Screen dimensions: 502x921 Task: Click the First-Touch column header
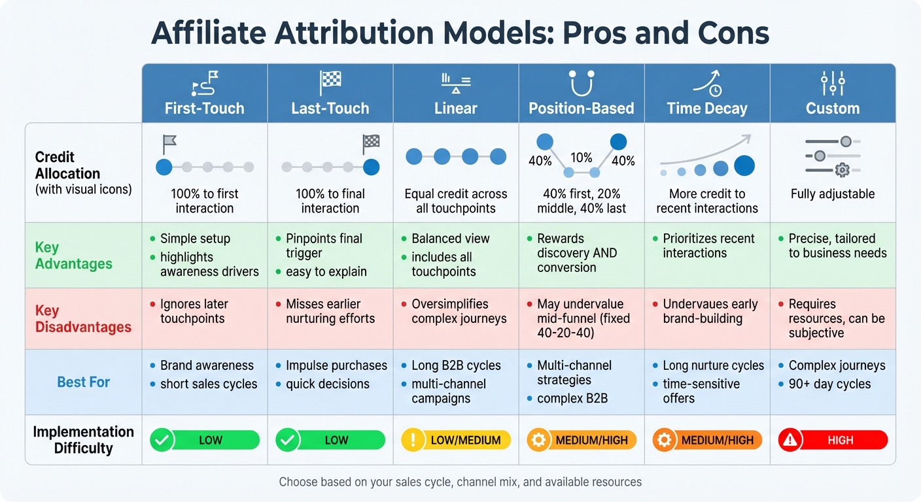click(204, 108)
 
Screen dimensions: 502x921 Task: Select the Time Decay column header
click(707, 108)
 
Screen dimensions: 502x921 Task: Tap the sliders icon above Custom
click(833, 84)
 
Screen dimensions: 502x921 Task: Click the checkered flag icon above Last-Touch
click(330, 84)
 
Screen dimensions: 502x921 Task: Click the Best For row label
click(83, 382)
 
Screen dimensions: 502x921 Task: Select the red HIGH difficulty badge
click(833, 440)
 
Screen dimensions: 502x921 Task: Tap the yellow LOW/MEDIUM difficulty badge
click(455, 440)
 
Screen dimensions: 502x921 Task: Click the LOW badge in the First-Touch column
click(204, 440)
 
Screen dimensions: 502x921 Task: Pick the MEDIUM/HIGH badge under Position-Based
click(581, 440)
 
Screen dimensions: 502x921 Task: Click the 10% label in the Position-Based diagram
click(581, 158)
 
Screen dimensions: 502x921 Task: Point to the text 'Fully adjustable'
click(832, 193)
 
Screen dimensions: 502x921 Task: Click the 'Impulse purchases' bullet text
click(336, 365)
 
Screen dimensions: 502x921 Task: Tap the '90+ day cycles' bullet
click(829, 384)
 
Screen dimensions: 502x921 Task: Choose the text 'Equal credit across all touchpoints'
click(455, 201)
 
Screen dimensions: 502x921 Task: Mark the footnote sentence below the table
click(460, 482)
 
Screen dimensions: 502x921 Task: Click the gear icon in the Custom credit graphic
click(843, 170)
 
